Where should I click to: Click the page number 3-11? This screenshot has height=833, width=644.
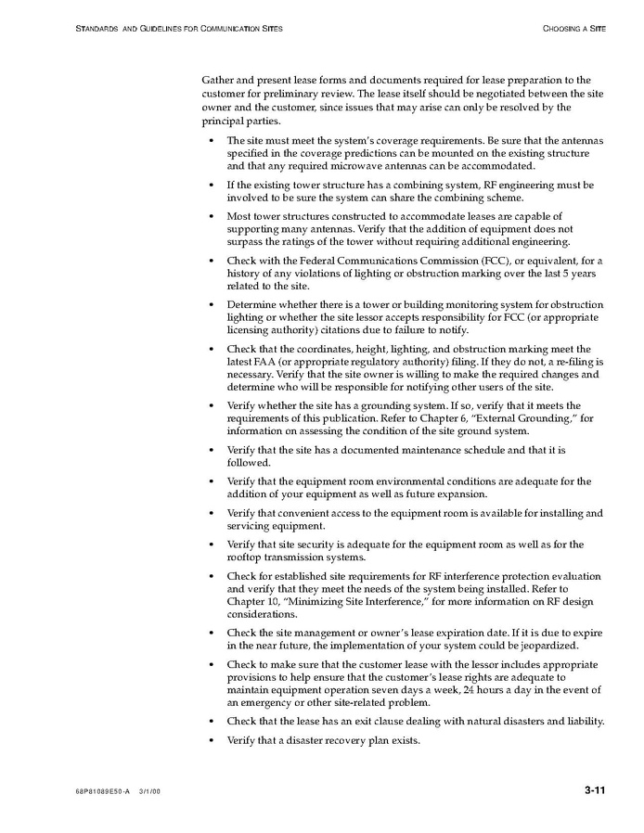pos(595,790)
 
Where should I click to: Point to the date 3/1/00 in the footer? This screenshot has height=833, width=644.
pos(152,791)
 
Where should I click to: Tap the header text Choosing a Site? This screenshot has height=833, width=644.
pos(574,29)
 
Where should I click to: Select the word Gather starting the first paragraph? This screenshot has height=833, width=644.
pos(218,81)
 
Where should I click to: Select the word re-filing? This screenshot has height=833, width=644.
pos(574,361)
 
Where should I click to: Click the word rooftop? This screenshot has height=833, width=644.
pos(247,557)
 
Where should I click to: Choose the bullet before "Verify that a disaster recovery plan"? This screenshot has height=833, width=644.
pos(213,740)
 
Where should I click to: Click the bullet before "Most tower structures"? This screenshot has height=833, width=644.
pos(213,216)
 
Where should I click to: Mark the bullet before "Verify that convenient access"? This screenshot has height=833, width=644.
pos(213,513)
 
